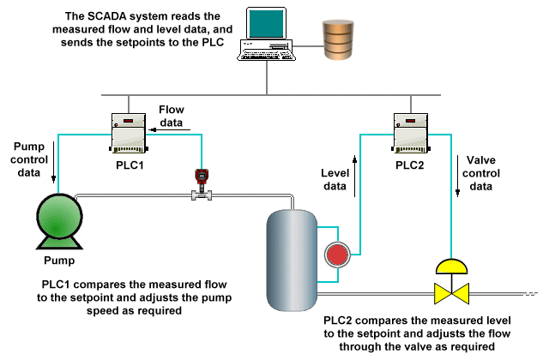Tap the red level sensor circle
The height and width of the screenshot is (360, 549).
pos(335,255)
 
